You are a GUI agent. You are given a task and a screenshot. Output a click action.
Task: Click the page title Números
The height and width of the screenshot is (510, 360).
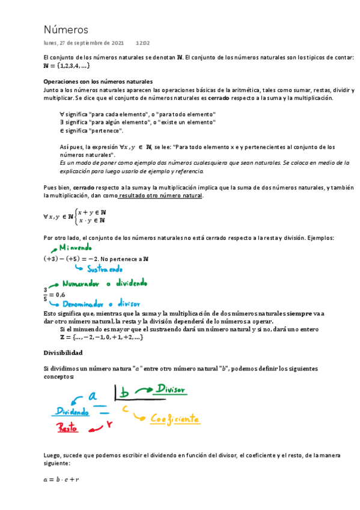pyautogui.click(x=66, y=29)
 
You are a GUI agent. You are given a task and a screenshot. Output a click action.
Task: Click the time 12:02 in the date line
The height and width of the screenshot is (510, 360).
pyautogui.click(x=142, y=43)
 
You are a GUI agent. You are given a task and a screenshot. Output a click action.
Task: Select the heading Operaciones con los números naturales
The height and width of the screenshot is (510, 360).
pyautogui.click(x=98, y=81)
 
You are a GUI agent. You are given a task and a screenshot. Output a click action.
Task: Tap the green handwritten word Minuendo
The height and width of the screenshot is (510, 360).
pyautogui.click(x=74, y=247)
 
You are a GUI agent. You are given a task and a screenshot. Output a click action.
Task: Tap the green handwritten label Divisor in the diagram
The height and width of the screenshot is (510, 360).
pyautogui.click(x=171, y=389)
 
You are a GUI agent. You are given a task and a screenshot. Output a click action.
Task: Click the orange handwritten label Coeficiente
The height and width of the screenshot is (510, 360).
pyautogui.click(x=175, y=419)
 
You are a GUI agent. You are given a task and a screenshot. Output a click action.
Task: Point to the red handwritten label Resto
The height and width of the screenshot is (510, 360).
pyautogui.click(x=69, y=428)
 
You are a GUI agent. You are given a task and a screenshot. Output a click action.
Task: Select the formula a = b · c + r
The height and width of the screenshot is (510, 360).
pyautogui.click(x=62, y=479)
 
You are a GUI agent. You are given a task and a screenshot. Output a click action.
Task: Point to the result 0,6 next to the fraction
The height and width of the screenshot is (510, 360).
pyautogui.click(x=59, y=295)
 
